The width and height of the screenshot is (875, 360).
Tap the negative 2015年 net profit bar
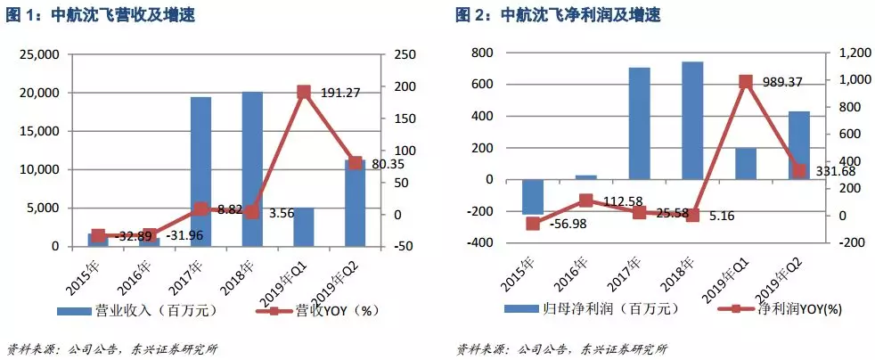(x=532, y=196)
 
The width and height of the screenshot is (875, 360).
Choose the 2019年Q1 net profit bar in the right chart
(x=746, y=163)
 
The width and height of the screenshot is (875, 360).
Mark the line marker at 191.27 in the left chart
(x=303, y=92)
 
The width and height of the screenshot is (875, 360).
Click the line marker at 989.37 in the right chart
(x=746, y=81)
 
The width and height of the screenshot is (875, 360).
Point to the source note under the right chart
(x=561, y=348)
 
